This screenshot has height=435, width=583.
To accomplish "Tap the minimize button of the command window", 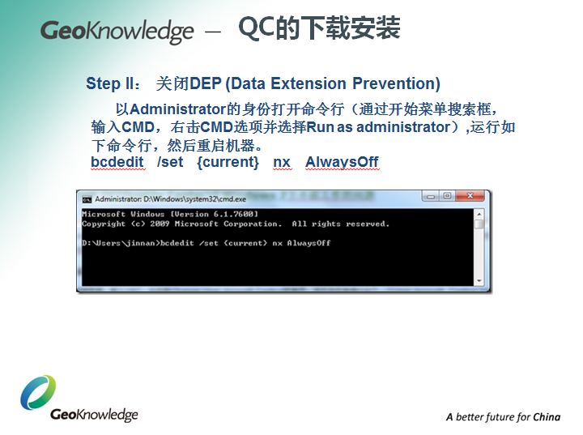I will click(430, 197).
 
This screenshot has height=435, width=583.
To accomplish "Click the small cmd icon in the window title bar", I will click(87, 198).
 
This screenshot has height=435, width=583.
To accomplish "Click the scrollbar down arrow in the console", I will click(479, 281).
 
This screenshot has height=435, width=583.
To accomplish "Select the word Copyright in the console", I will click(104, 224).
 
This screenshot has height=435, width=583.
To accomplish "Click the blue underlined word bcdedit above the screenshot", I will click(117, 162).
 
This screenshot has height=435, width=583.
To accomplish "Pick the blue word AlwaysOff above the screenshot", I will click(342, 162).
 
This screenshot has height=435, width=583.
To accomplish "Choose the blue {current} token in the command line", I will click(228, 162).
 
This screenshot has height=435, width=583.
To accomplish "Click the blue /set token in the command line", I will click(170, 162).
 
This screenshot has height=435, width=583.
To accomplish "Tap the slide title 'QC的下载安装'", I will click(319, 29).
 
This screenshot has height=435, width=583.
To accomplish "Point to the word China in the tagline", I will click(547, 417).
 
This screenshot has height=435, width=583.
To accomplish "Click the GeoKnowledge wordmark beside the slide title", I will click(117, 32).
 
